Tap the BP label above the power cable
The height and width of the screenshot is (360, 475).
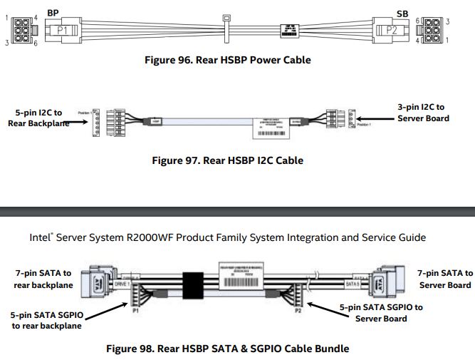[x=53, y=13]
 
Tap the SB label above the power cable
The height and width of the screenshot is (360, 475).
[x=403, y=13]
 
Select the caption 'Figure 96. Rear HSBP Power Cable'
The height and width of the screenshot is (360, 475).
[x=228, y=60]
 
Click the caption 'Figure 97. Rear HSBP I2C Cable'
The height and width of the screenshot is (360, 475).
[x=228, y=160]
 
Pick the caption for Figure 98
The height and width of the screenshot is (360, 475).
[x=228, y=349]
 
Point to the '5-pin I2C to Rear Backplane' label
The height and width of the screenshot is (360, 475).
[x=38, y=117]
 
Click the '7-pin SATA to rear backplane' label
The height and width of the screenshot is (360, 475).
[x=43, y=279]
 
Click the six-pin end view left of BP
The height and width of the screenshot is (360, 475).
[x=21, y=31]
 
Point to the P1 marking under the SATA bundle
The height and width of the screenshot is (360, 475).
[x=135, y=311]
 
